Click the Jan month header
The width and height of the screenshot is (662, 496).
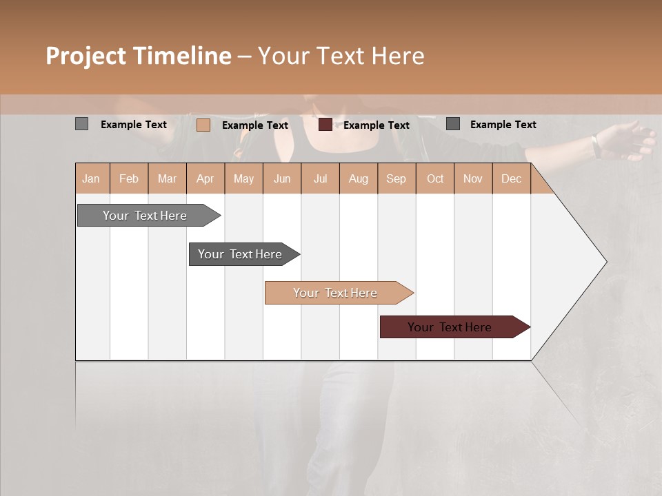[92, 178]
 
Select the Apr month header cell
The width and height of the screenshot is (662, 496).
[205, 178]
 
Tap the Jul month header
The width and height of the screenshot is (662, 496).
[321, 178]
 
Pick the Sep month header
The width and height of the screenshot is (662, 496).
[397, 178]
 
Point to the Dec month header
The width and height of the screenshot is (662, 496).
[512, 178]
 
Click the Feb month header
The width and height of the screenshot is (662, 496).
[129, 178]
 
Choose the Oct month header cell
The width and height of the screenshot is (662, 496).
[435, 178]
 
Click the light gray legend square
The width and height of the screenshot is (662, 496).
[82, 124]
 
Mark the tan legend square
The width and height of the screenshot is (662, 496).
[203, 125]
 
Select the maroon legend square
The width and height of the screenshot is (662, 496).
[325, 125]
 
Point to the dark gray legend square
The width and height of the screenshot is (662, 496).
[453, 124]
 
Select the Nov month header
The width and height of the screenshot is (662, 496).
[473, 178]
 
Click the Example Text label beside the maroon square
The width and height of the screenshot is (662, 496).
[377, 125]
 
